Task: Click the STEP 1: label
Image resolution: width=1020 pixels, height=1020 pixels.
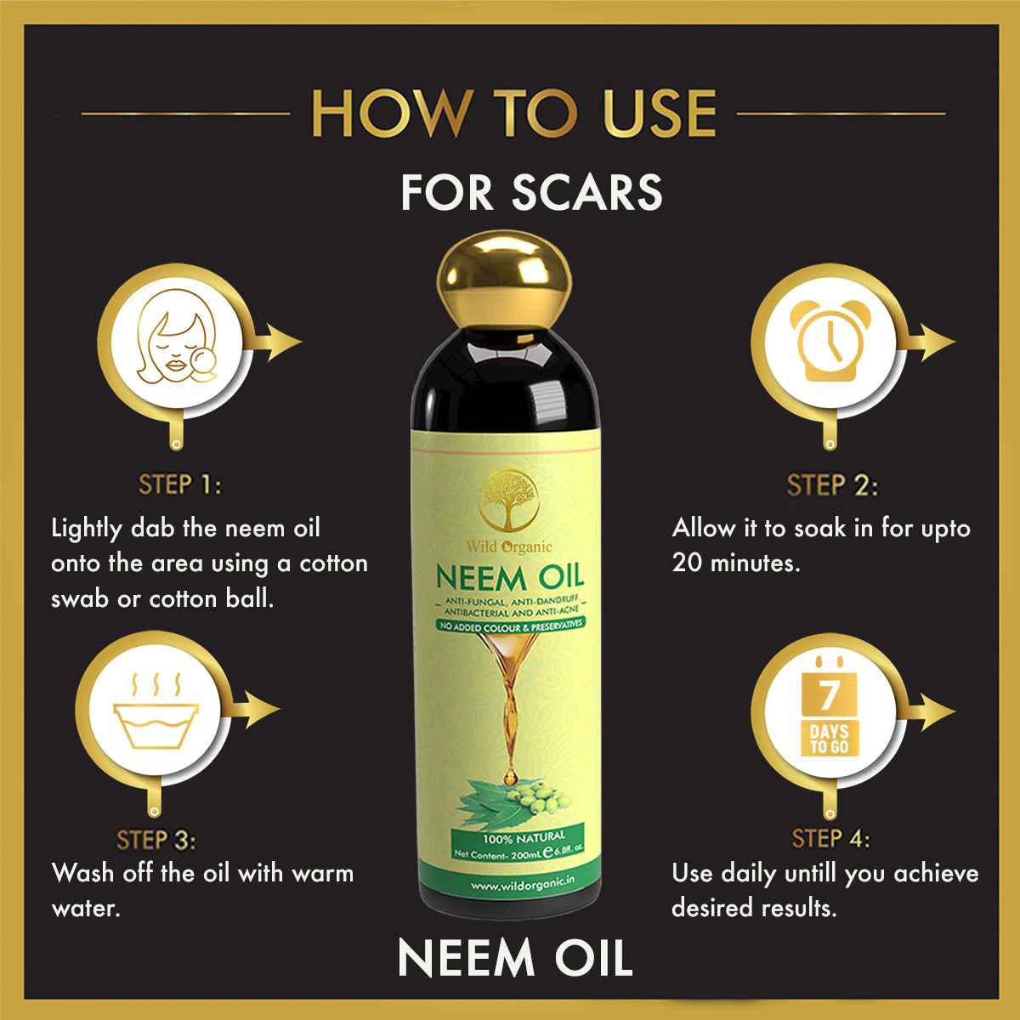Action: [x=179, y=485]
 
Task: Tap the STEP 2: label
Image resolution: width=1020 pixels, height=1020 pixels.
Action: [x=832, y=485]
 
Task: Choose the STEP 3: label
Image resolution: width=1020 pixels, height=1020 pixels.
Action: [x=156, y=840]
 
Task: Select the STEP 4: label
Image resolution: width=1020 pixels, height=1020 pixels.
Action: [x=830, y=839]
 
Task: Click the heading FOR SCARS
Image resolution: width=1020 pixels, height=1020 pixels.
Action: [x=531, y=193]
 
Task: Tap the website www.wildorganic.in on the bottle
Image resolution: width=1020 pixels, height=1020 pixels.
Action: [x=522, y=885]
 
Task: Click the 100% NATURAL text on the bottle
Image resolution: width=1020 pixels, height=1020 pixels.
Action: [x=524, y=837]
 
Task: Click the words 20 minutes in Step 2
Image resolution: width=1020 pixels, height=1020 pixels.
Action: [x=734, y=563]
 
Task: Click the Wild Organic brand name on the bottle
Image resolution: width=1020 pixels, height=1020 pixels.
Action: [x=508, y=547]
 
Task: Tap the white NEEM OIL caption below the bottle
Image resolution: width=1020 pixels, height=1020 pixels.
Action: [x=515, y=958]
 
